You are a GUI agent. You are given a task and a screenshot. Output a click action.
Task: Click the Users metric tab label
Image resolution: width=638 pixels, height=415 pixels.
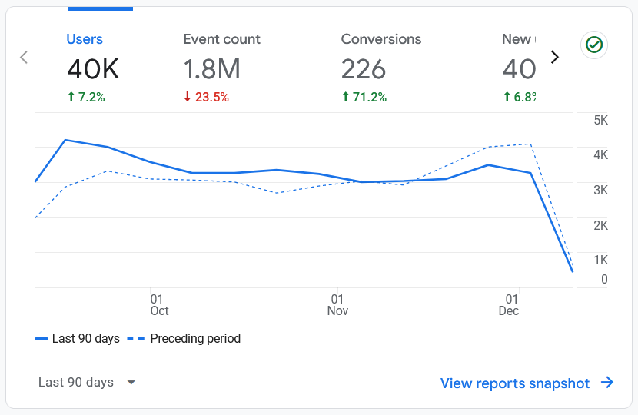[85, 39]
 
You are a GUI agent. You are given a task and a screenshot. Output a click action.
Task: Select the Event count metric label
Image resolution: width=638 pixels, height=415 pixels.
[221, 39]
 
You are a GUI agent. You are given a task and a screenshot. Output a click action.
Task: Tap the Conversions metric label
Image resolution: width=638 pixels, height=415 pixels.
[381, 39]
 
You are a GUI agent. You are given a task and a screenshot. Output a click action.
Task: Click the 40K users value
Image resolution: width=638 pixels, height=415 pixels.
[93, 69]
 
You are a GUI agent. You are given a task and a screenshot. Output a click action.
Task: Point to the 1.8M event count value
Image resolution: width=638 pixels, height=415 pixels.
[212, 69]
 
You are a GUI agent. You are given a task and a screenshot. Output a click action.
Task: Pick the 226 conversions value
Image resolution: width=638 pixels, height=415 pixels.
[364, 69]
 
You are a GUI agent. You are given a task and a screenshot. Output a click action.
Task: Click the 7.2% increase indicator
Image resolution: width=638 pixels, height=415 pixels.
[86, 97]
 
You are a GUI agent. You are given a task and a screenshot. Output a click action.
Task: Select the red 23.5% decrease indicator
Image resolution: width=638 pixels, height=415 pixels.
[206, 97]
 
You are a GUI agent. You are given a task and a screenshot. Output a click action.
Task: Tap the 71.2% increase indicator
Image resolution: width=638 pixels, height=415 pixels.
[364, 97]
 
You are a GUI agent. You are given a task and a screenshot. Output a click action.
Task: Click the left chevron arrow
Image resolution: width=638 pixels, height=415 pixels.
[24, 58]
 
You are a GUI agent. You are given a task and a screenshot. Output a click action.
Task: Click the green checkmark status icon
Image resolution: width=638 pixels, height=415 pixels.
[593, 45]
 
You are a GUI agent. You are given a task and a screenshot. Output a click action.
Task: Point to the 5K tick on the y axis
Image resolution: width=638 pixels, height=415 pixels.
[600, 121]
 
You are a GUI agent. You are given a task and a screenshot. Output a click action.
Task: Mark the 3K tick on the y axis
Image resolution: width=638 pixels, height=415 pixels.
[600, 191]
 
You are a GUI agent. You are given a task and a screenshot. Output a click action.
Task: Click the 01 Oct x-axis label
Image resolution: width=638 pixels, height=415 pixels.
[159, 304]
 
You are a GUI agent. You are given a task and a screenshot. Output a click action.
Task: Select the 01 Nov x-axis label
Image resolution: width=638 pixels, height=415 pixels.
[337, 304]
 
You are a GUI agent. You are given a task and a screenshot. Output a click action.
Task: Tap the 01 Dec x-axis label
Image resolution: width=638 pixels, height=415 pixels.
[509, 304]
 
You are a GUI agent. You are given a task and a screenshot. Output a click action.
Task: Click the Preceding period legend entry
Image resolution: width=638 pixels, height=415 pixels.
[184, 339]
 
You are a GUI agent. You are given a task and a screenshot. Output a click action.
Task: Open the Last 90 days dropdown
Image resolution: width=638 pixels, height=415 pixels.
[87, 383]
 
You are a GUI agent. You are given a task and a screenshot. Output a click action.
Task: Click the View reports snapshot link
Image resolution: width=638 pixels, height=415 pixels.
[527, 383]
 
